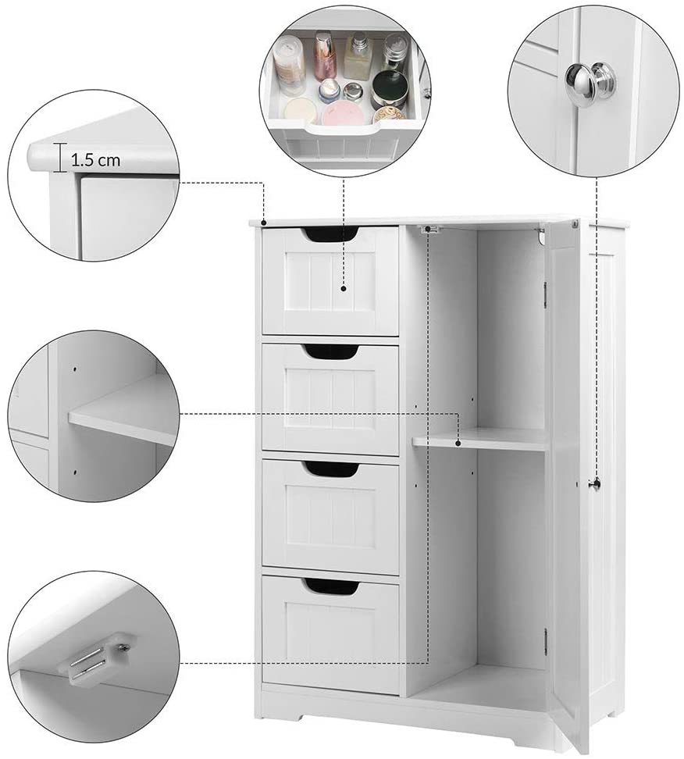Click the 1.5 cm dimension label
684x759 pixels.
coord(96,160)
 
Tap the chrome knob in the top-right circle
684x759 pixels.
coord(590,80)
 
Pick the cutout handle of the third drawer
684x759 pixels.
coord(332,468)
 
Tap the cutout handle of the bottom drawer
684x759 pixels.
coord(332,586)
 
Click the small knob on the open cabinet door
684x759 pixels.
coord(596,483)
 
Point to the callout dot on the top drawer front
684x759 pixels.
coord(344,288)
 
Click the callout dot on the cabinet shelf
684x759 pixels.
coord(458,442)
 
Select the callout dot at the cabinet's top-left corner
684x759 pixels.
coord(264,223)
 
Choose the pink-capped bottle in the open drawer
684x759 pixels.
coord(326,56)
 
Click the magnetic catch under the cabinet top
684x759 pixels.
coord(430,229)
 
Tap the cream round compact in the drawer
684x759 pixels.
coord(300,109)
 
